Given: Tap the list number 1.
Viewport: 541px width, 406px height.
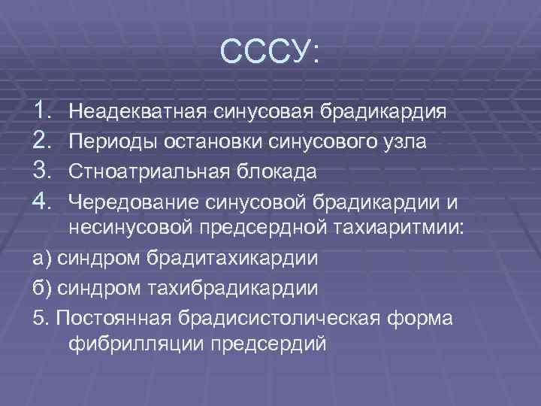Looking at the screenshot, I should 43,112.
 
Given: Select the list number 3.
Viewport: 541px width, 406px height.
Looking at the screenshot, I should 43,171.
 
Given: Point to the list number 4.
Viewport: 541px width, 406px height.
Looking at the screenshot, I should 43,200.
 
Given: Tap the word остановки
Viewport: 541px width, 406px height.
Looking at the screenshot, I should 200,142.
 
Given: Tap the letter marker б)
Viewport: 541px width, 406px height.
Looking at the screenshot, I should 44,287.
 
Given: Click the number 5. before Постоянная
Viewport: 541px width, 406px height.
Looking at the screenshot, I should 41,317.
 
